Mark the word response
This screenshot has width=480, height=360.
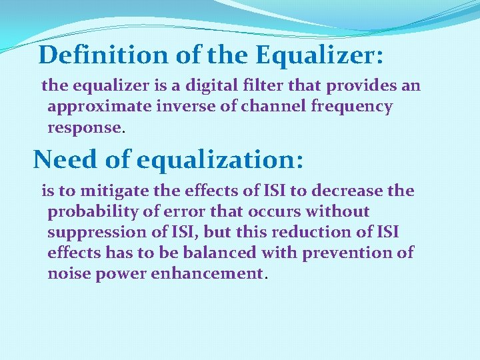[85, 127]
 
